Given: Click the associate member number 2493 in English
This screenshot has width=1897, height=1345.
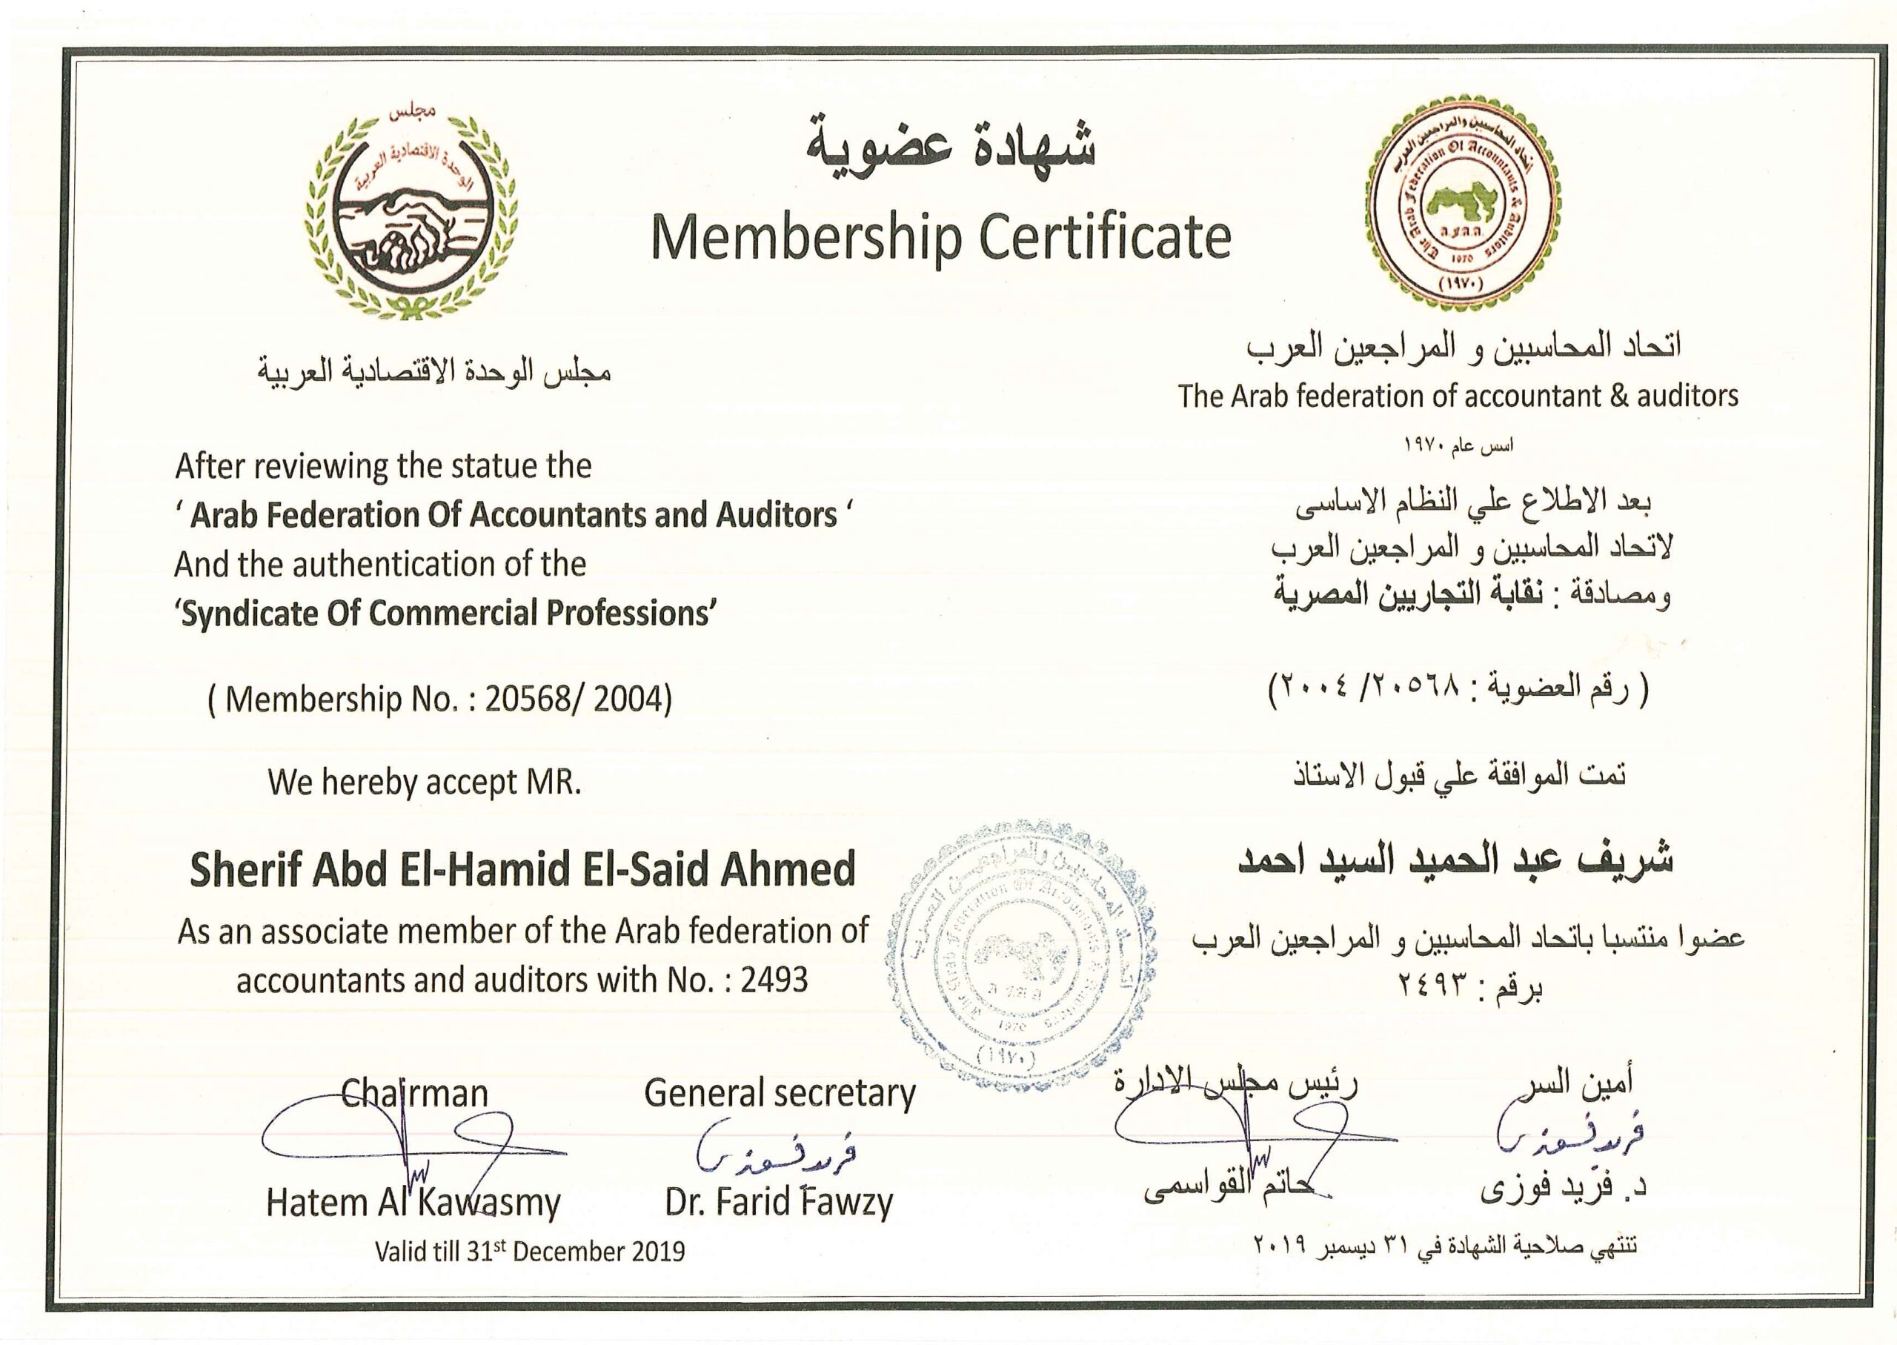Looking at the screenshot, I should pyautogui.click(x=774, y=980).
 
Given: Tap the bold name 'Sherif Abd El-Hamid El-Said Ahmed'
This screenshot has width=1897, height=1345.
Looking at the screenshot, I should pyautogui.click(x=522, y=869).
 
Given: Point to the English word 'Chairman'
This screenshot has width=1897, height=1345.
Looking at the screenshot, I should pyautogui.click(x=415, y=1093).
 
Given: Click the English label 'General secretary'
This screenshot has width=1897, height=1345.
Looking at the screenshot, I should pyautogui.click(x=779, y=1093).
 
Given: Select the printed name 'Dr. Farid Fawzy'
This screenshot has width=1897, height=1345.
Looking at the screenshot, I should pyautogui.click(x=778, y=1203).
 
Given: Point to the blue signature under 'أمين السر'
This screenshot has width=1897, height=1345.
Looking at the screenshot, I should pyautogui.click(x=1569, y=1139).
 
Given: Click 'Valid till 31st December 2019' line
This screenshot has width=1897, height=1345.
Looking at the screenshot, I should pyautogui.click(x=530, y=1251).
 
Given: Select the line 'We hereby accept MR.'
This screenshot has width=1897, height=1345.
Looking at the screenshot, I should pyautogui.click(x=424, y=783).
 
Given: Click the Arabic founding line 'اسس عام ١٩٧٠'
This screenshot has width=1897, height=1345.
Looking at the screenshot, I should pyautogui.click(x=1458, y=445).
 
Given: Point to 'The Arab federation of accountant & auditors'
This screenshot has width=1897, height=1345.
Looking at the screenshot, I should pyautogui.click(x=1458, y=396).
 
